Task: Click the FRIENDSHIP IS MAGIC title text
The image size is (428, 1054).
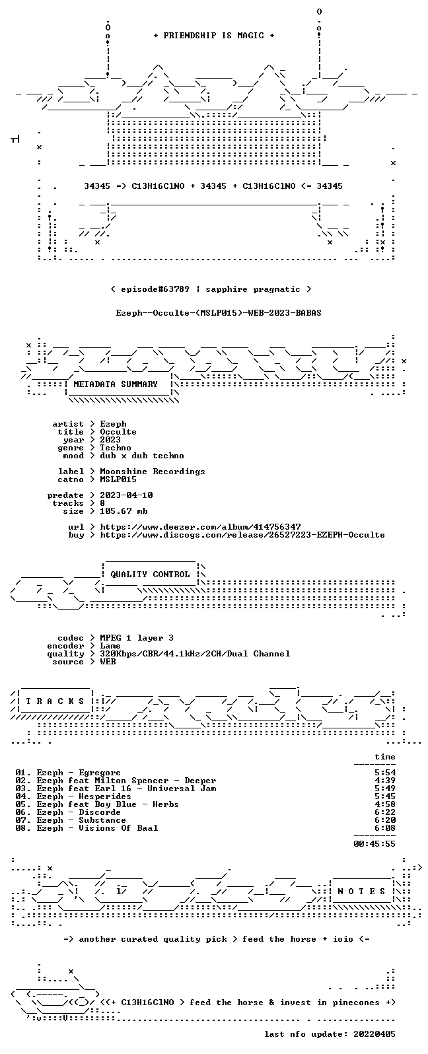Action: [214, 36]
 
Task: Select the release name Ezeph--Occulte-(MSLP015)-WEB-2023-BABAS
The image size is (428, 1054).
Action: [219, 313]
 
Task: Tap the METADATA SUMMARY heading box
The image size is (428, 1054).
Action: [116, 384]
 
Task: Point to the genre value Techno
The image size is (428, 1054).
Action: [116, 448]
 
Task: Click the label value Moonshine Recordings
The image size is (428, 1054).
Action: [153, 472]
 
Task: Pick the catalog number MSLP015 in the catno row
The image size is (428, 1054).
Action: [118, 479]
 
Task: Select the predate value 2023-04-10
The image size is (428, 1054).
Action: [126, 495]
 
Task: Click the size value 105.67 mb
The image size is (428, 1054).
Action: [124, 511]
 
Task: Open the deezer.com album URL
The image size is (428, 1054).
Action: [200, 527]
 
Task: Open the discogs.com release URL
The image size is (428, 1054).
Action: [242, 535]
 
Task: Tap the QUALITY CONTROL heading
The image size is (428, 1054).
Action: [150, 575]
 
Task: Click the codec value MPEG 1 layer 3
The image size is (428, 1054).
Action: [137, 638]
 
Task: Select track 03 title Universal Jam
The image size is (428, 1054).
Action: [182, 789]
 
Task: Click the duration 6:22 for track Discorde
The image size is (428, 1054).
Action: [385, 812]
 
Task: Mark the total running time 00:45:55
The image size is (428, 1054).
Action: [374, 844]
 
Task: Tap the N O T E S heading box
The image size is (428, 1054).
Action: [361, 892]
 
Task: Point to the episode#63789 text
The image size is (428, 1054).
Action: [155, 289]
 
